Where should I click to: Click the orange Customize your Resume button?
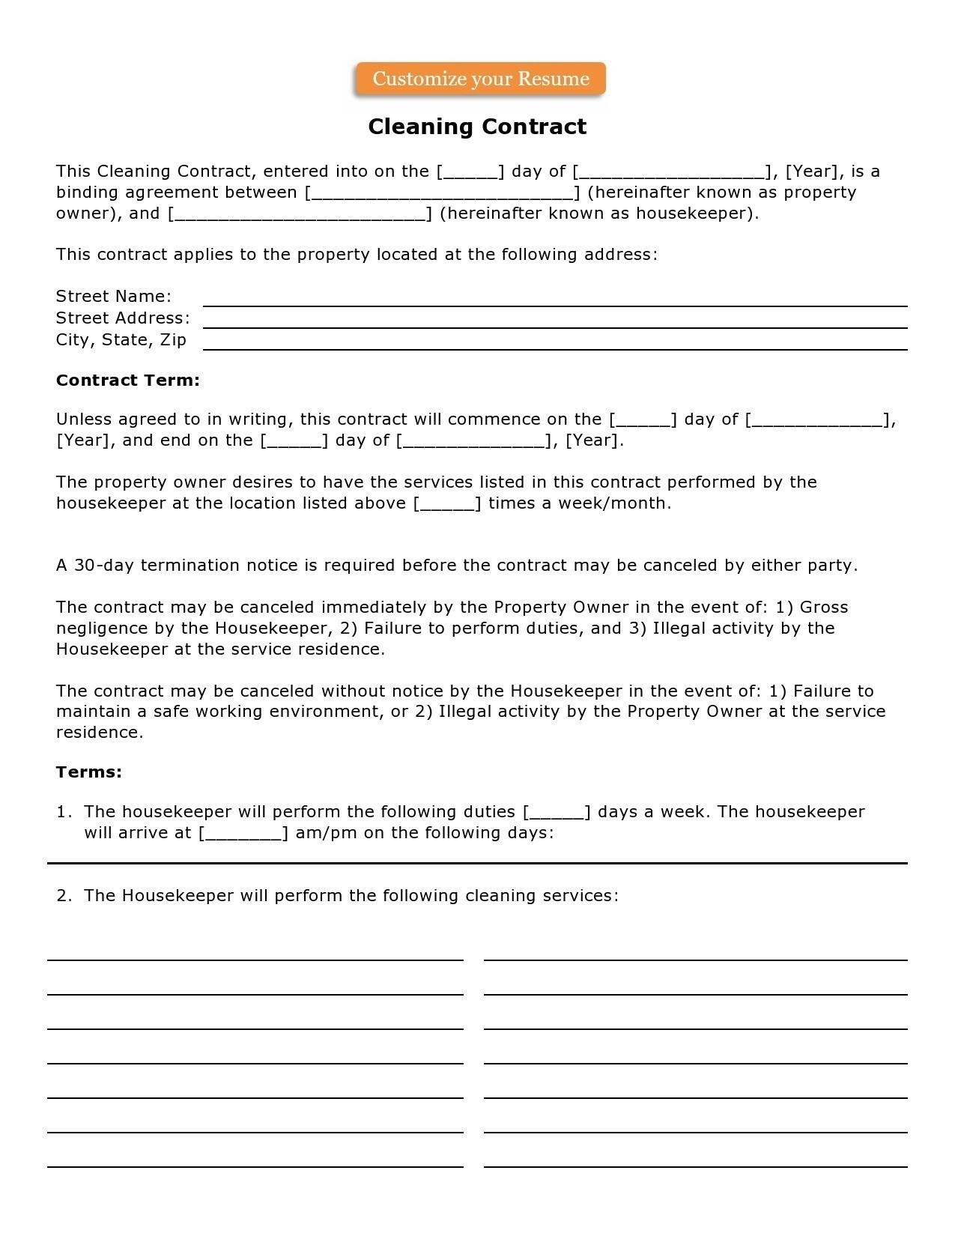pyautogui.click(x=480, y=79)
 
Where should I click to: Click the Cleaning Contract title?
pyautogui.click(x=477, y=127)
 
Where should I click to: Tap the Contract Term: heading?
pyautogui.click(x=128, y=381)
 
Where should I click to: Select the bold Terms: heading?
pyautogui.click(x=89, y=772)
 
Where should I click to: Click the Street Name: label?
pyautogui.click(x=114, y=297)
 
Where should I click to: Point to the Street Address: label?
pyautogui.click(x=123, y=318)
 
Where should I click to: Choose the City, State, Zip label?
pyautogui.click(x=121, y=340)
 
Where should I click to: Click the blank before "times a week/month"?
pyautogui.click(x=447, y=504)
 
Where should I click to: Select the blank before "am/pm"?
pyautogui.click(x=243, y=834)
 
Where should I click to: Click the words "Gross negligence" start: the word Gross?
pyautogui.click(x=824, y=608)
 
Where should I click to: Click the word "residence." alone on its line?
pyautogui.click(x=100, y=733)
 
